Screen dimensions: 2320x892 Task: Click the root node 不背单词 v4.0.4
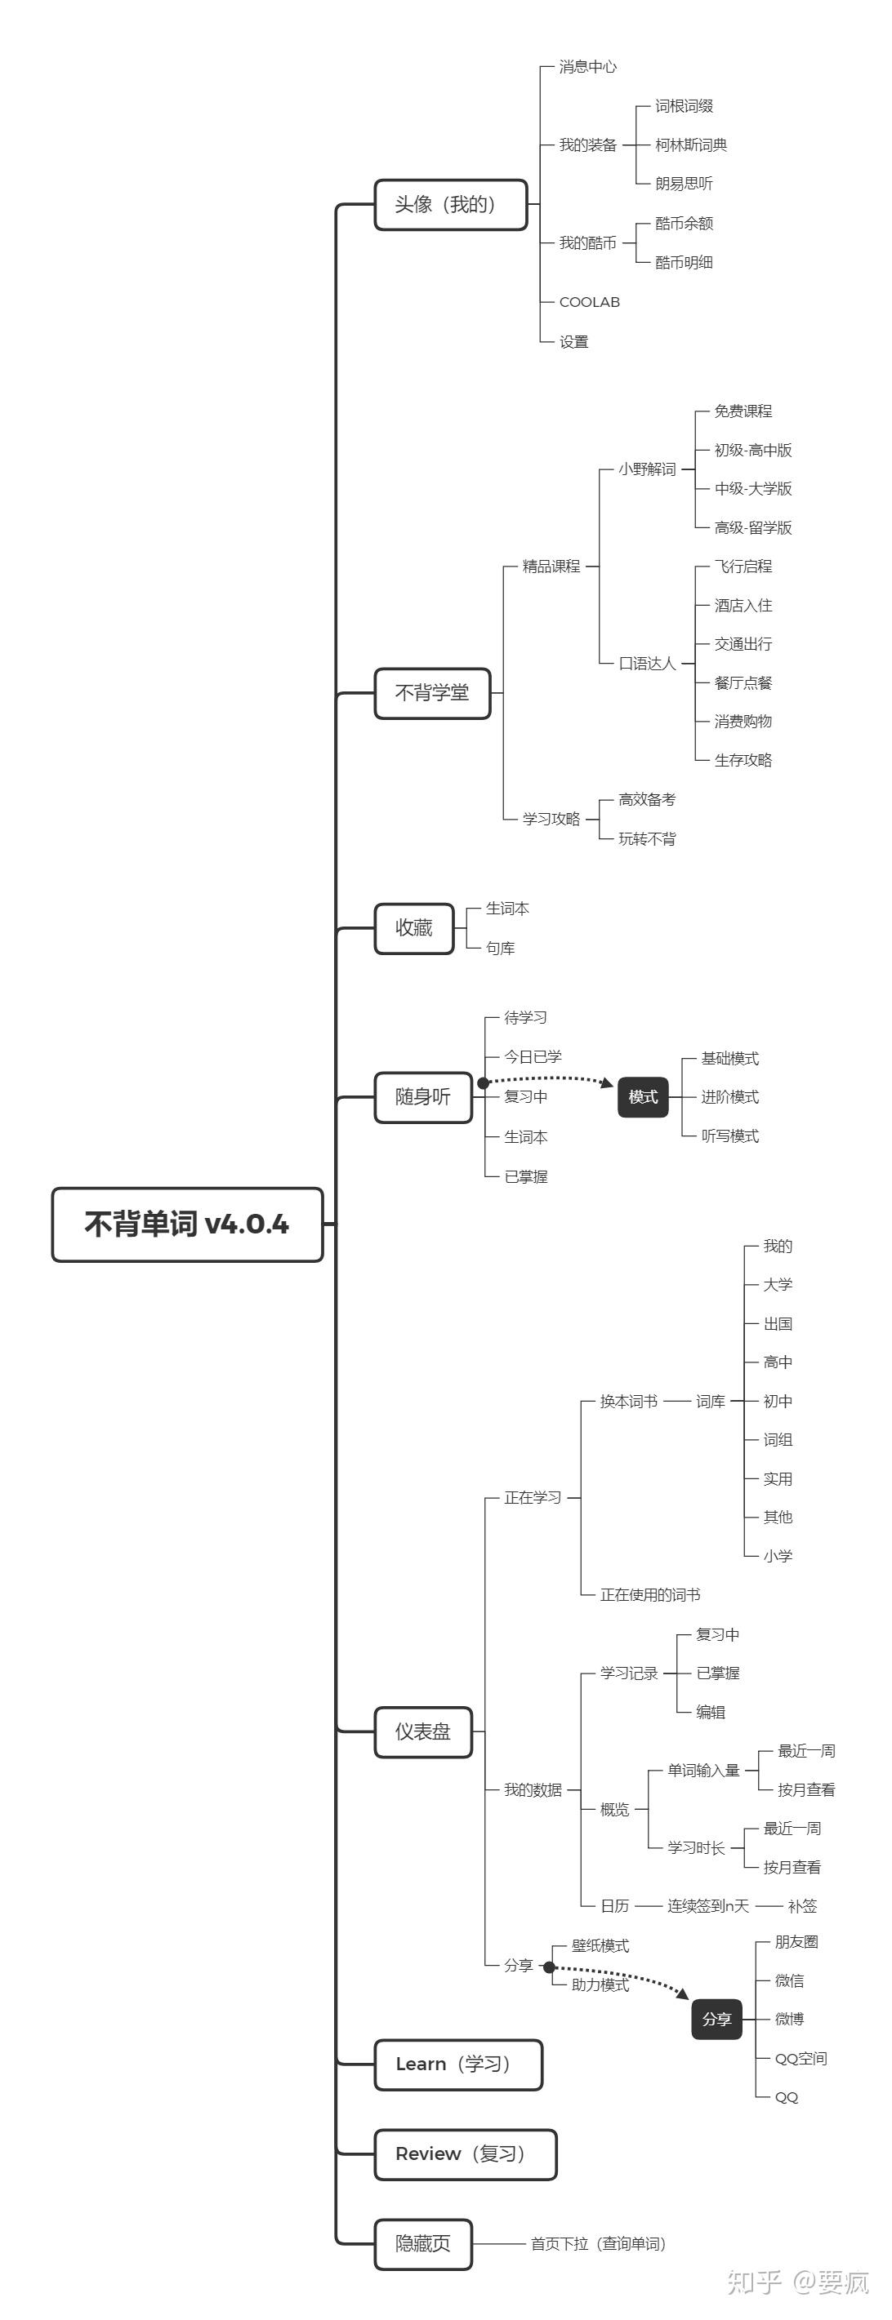[x=186, y=1224]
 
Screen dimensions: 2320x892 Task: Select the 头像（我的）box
[x=449, y=204]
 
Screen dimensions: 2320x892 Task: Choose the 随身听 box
[x=422, y=1097]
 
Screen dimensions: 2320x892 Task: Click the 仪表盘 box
[x=422, y=1731]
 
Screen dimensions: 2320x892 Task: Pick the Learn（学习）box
[x=457, y=2064]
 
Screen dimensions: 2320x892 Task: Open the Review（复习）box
[x=465, y=2153]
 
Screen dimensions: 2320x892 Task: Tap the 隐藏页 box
[x=422, y=2243]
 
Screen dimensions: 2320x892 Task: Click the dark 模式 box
[x=642, y=1097]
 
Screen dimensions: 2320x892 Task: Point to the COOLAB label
[x=589, y=303]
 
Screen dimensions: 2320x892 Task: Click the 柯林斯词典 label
[x=691, y=145]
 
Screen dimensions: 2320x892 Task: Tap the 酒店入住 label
[x=743, y=605]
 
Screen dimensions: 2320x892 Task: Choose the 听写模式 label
[x=729, y=1136]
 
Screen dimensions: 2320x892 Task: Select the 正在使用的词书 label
[x=649, y=1594]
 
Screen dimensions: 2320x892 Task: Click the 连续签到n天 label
[x=707, y=1905]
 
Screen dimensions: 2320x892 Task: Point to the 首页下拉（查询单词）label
[x=598, y=2243]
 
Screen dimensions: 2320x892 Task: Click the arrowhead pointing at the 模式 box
[x=607, y=1082]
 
